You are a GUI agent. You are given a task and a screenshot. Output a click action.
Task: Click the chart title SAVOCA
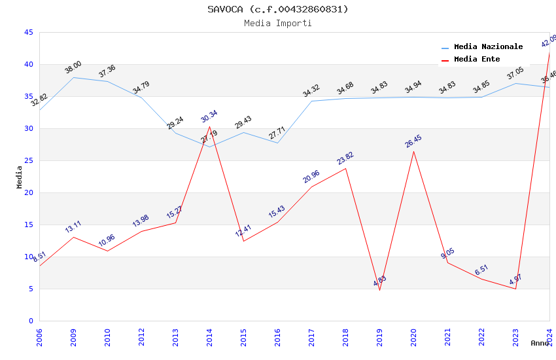[278, 9]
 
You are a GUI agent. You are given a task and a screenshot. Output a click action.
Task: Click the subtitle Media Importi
[278, 23]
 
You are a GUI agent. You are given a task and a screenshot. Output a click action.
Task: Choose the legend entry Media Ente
[477, 59]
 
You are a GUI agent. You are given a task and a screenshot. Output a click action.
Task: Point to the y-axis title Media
[19, 177]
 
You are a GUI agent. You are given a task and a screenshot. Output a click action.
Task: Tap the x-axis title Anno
[540, 343]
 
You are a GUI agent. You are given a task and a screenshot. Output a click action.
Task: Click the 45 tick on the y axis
[28, 32]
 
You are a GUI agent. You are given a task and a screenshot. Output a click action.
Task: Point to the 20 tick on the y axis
[28, 192]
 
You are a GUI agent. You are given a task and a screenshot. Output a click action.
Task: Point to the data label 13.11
[73, 227]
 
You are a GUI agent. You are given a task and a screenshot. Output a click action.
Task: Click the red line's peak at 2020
[413, 151]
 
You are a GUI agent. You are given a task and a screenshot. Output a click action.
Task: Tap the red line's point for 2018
[345, 168]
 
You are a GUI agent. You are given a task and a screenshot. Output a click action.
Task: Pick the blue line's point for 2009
[73, 77]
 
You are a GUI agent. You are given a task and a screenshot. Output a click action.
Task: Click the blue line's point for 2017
[311, 101]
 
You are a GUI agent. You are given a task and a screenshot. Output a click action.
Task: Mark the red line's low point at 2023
[515, 289]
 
